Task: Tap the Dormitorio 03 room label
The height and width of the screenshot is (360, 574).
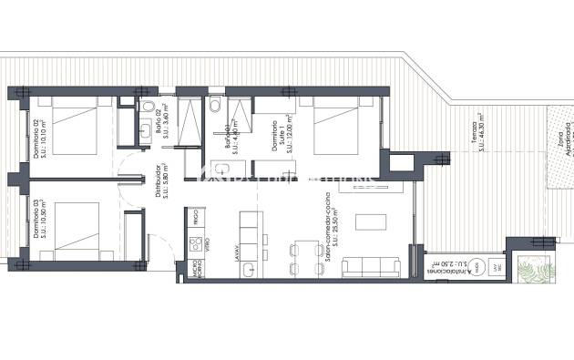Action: [43, 220]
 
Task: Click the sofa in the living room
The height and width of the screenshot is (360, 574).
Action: [372, 266]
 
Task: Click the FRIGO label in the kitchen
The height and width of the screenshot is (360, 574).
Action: [195, 216]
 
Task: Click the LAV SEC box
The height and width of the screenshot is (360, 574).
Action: [497, 267]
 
